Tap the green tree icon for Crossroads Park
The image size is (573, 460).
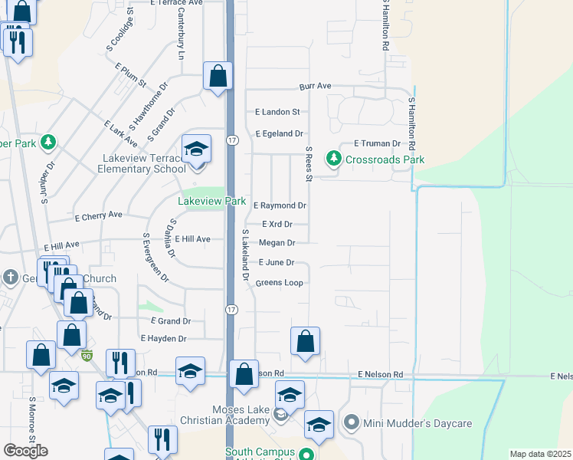tap(333, 159)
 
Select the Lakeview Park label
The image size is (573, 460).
tap(212, 202)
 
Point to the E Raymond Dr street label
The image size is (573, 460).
tap(280, 205)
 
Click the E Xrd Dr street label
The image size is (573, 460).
tap(277, 225)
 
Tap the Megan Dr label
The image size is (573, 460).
tap(277, 243)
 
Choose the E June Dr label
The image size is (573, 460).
tap(276, 262)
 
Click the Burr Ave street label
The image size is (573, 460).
tap(315, 87)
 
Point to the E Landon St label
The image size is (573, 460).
tap(277, 112)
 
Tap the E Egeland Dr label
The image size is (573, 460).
tap(279, 133)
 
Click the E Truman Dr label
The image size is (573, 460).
tap(377, 143)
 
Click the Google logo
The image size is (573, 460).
tap(25, 451)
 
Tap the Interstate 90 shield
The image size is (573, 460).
tap(87, 355)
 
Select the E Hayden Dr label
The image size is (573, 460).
tap(163, 338)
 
